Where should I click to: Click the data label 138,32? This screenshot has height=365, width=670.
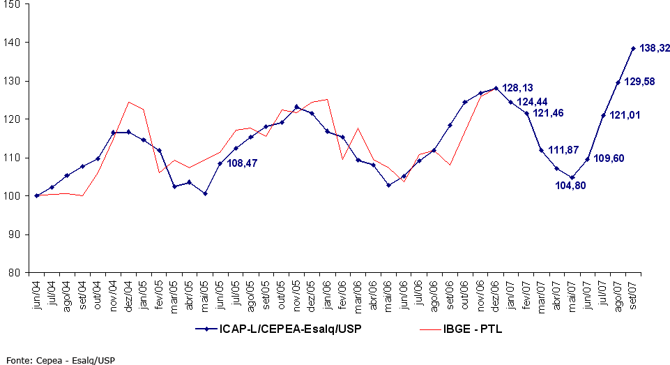pos(655,48)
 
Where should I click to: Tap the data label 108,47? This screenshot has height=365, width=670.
pos(245,164)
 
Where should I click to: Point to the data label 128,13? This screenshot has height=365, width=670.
pos(517,89)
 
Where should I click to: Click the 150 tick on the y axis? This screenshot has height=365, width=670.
pos(15,4)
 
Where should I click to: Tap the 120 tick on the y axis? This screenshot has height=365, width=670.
pos(15,119)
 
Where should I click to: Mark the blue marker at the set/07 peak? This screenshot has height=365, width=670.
pos(633,48)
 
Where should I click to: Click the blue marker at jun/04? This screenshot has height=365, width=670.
pos(37,195)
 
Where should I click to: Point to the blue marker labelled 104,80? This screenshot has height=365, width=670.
pos(572,177)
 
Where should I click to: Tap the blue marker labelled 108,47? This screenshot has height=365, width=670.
pos(220,163)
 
